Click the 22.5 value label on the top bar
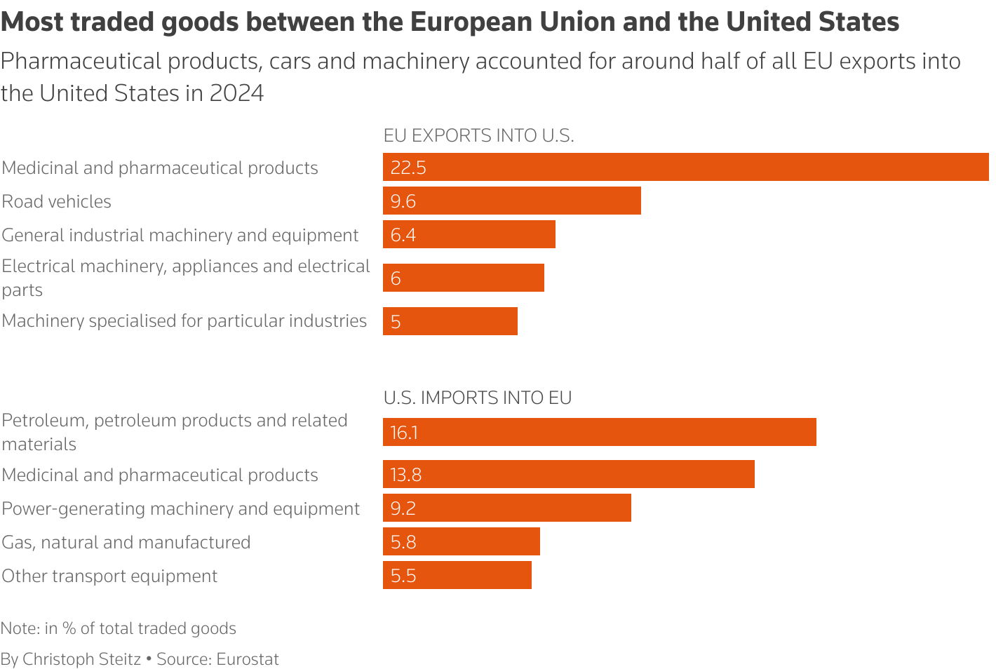click(x=408, y=168)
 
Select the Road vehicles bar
click(x=512, y=201)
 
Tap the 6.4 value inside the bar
click(x=403, y=235)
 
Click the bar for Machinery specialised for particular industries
click(x=450, y=321)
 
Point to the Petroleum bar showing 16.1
click(x=600, y=432)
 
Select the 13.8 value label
click(x=406, y=475)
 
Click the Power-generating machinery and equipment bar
click(x=507, y=508)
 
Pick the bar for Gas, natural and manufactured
click(x=462, y=541)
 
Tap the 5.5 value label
click(x=403, y=576)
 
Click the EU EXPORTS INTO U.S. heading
click(x=478, y=135)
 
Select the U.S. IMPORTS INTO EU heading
click(x=477, y=398)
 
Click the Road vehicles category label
click(x=57, y=201)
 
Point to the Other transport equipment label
click(x=109, y=576)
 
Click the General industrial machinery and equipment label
click(x=180, y=235)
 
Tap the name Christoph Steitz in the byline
click(x=81, y=659)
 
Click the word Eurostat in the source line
click(x=248, y=659)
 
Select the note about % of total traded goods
click(x=119, y=628)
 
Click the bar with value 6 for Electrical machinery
click(x=464, y=278)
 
